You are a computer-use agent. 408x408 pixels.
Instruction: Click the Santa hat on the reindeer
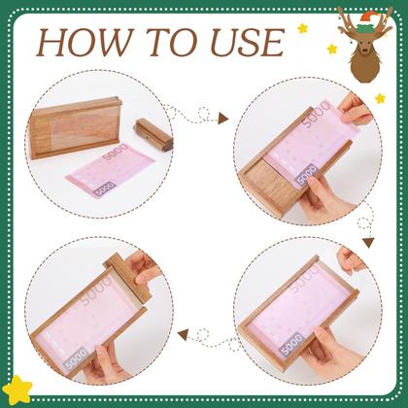(367, 22)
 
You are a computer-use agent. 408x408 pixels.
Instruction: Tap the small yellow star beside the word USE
(303, 28)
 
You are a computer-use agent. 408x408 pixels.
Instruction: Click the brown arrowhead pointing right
(223, 119)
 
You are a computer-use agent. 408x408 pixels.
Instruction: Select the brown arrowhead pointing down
(368, 243)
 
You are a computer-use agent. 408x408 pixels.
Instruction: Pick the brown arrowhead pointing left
(184, 334)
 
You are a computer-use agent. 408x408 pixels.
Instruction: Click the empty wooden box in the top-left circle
(76, 127)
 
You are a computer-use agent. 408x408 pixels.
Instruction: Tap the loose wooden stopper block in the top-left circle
(153, 135)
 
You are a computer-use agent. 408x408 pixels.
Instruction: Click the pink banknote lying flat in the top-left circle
(110, 171)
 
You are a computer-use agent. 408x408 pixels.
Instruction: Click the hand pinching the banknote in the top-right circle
(353, 108)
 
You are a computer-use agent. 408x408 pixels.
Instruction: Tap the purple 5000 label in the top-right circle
(306, 175)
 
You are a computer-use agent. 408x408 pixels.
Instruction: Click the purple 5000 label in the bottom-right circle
(292, 344)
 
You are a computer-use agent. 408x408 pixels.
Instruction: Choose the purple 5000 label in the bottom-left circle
(77, 358)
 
